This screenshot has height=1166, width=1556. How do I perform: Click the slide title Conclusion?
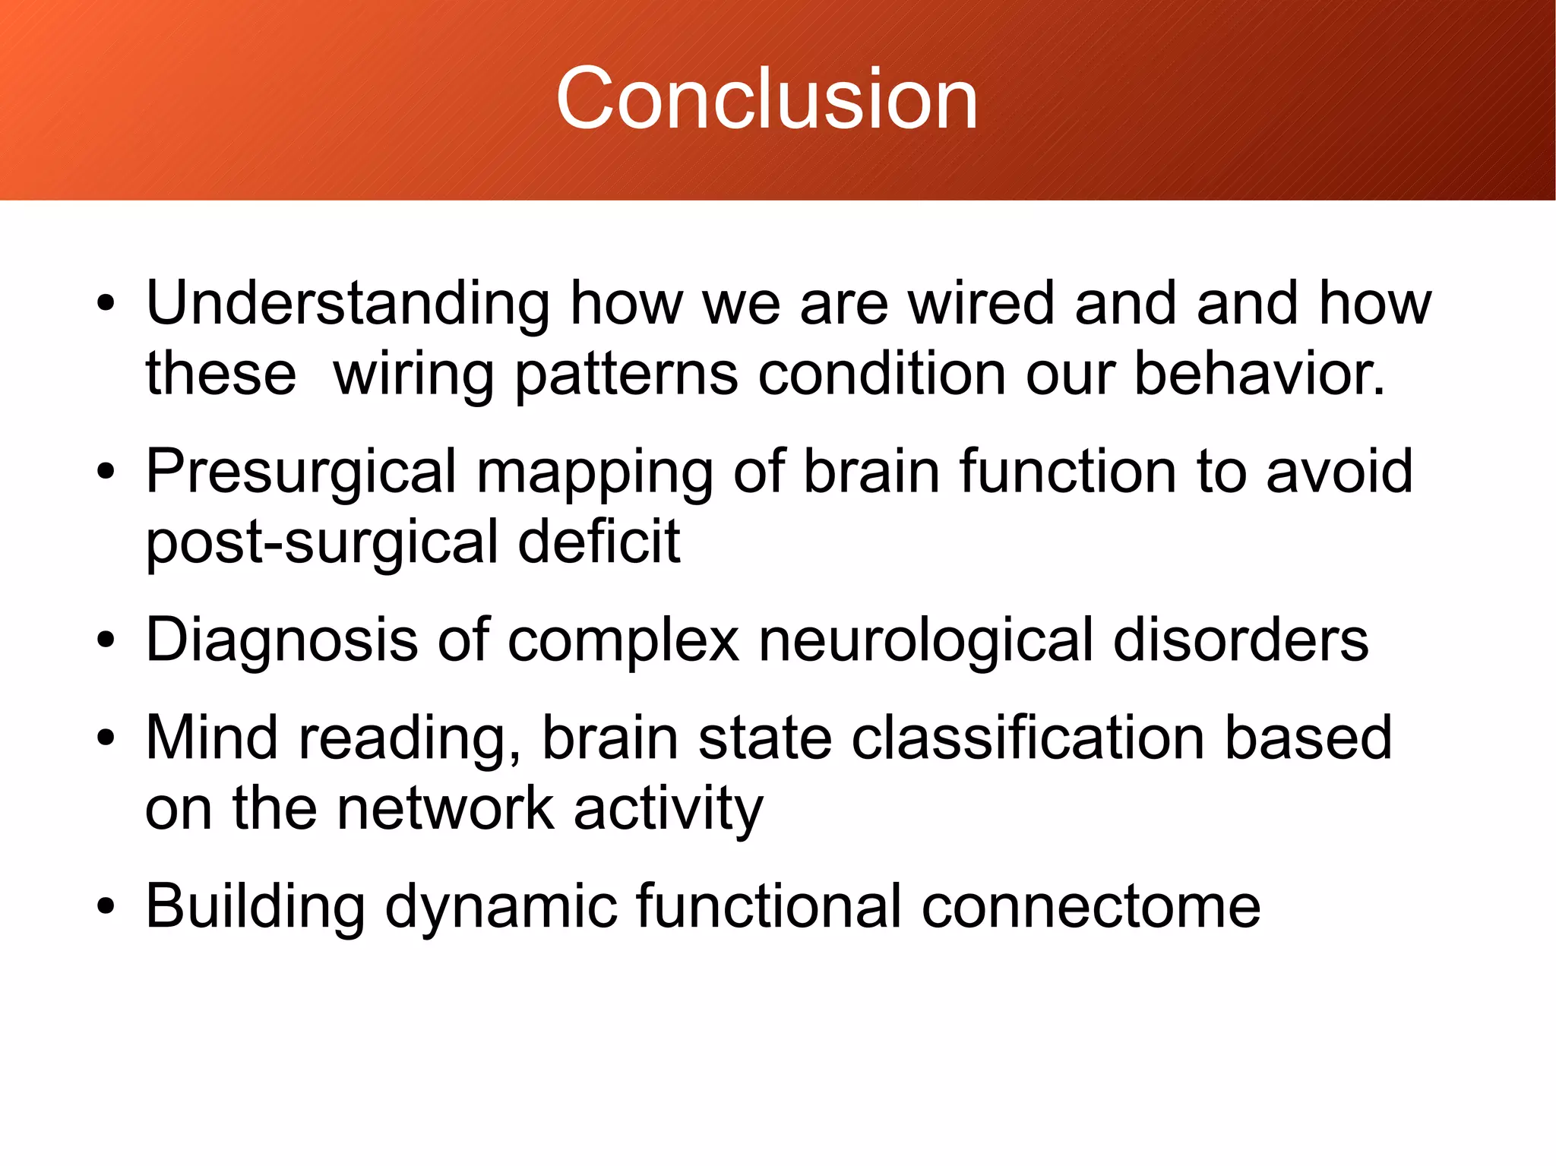767,99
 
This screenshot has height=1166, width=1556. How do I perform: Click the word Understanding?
347,304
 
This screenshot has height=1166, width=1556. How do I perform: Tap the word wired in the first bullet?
982,304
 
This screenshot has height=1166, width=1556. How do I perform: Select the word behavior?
1259,374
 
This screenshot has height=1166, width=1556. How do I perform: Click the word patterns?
626,375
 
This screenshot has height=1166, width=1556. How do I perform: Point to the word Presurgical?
301,472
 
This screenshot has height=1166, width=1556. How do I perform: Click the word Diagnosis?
281,640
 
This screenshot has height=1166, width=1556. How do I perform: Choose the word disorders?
1241,640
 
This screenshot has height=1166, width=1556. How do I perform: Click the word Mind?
211,738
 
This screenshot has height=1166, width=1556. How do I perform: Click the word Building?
255,907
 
